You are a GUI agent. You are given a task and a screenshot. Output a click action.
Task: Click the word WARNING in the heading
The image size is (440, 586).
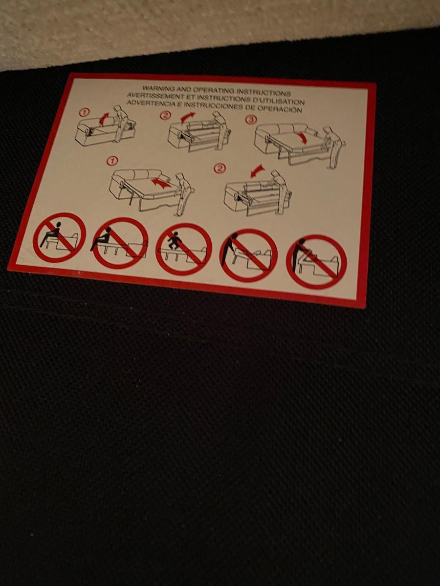tap(156, 88)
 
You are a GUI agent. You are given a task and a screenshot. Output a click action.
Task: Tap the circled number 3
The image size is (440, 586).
tap(251, 120)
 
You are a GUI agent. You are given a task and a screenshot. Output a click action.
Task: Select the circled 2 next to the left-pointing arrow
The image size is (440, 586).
tap(220, 167)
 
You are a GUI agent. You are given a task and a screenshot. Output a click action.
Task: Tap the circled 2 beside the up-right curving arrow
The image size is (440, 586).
tap(165, 115)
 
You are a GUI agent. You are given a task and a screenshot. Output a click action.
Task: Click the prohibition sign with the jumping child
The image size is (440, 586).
tap(183, 249)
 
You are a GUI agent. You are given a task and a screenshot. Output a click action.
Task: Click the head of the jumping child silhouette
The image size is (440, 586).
tap(176, 233)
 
